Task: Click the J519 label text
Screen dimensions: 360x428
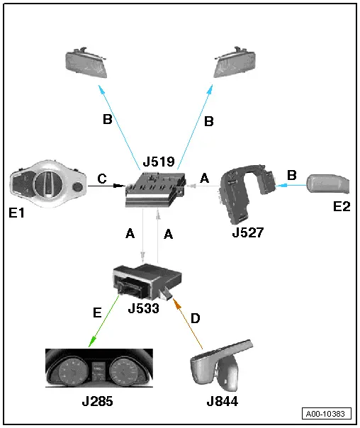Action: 159,162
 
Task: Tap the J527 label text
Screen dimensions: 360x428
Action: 248,232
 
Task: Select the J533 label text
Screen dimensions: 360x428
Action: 144,308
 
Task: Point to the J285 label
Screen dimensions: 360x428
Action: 97,401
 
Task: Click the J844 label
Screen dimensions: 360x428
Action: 223,401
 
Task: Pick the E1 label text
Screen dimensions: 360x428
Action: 16,213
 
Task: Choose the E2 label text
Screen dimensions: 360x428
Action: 342,206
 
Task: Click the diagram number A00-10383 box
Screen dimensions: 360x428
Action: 327,414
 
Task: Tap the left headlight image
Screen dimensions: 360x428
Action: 86,63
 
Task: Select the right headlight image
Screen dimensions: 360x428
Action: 235,62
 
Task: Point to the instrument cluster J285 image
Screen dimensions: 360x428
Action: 99,368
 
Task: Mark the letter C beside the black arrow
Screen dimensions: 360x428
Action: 102,179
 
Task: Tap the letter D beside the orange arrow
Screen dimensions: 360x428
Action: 195,318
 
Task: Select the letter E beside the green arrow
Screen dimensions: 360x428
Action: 97,312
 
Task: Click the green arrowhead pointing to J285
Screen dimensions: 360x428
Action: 92,342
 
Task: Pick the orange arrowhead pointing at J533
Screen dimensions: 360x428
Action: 177,303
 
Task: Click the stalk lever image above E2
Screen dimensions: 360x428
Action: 328,184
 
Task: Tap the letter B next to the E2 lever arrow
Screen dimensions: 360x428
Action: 292,175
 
